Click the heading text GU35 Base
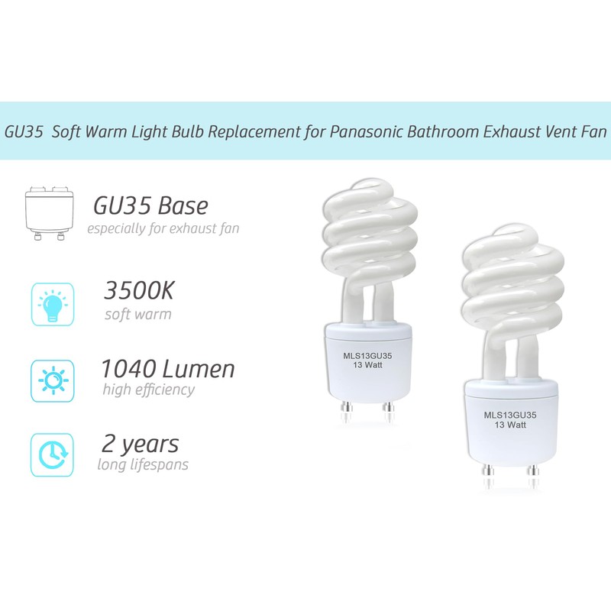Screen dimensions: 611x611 pos(150,206)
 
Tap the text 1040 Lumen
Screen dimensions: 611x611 pos(168,369)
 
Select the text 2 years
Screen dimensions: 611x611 pos(140,443)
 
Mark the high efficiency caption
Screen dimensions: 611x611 pos(147,390)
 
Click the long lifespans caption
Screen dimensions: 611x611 pos(143,465)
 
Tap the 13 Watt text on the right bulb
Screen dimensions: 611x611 pos(509,424)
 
